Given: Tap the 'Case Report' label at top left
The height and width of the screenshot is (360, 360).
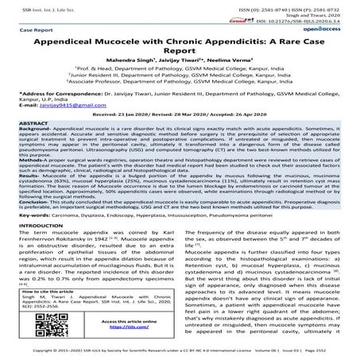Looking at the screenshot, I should click(28, 30).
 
